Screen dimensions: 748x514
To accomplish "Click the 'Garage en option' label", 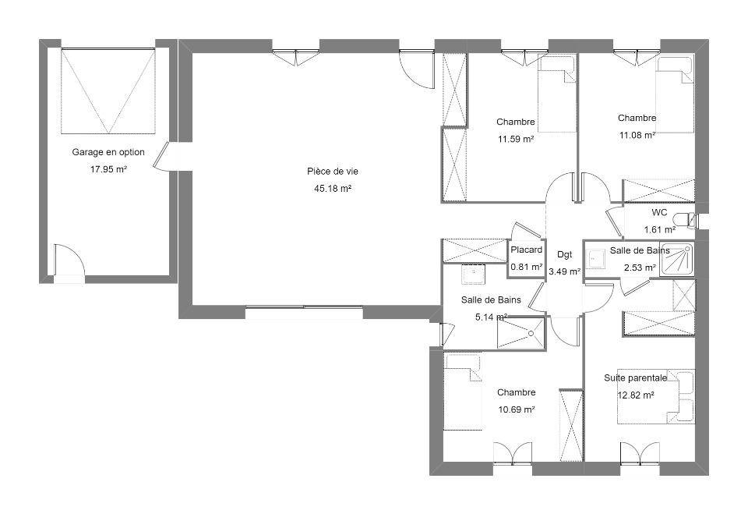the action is [108, 152].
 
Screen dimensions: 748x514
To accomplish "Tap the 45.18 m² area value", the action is [333, 188].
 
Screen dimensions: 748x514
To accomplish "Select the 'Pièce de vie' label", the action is [333, 172].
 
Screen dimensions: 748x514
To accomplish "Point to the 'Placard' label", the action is [527, 250].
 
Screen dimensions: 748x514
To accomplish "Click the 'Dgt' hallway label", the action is [564, 254].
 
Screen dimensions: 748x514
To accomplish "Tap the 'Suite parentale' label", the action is [636, 378].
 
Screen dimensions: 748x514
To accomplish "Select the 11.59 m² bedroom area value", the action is [516, 139].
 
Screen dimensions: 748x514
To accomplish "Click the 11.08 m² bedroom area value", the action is [637, 135].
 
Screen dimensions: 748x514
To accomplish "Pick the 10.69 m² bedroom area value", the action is [516, 409].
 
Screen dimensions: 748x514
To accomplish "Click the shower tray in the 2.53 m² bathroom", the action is [677, 258].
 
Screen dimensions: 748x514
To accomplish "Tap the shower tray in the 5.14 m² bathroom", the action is [520, 332].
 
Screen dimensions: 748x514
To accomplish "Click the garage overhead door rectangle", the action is [108, 90].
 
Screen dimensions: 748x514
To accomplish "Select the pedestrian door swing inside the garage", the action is [69, 261].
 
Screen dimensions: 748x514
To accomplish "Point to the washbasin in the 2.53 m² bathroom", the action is [595, 260].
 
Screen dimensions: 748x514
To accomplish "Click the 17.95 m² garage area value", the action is [108, 169].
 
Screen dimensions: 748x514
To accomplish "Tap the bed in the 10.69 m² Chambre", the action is [463, 392].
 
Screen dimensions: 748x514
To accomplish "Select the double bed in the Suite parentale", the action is [656, 396].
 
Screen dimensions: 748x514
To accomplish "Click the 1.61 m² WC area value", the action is [660, 230].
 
